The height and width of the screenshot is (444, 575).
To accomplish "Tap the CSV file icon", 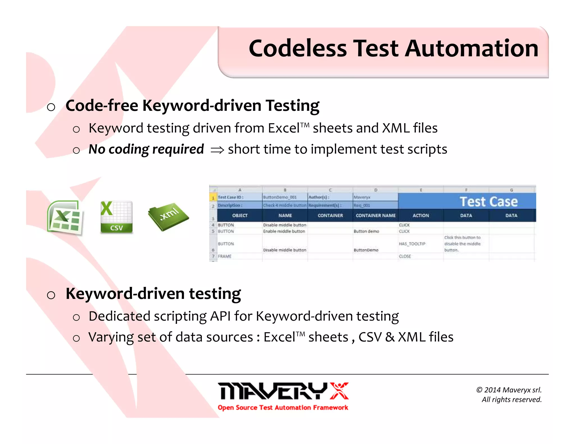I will click(116, 217).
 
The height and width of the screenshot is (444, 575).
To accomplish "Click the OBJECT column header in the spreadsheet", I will click(240, 216).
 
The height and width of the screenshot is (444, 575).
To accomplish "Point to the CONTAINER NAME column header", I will click(375, 216).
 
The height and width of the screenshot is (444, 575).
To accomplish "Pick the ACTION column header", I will click(421, 216).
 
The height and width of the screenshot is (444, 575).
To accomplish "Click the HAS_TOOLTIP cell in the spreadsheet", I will click(412, 244).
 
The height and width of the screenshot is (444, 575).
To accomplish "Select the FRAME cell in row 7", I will click(225, 256).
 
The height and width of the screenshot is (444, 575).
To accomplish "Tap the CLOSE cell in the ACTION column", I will click(405, 256).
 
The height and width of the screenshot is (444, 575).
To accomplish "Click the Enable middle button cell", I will click(284, 231).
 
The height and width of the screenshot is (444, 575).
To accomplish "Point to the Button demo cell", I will click(366, 231).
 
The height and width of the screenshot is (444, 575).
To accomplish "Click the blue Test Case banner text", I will click(489, 202).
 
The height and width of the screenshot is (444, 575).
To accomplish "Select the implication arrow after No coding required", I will click(217, 150).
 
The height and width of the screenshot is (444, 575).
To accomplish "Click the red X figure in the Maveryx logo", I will click(339, 391).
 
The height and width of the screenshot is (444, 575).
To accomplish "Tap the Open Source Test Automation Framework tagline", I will click(283, 408).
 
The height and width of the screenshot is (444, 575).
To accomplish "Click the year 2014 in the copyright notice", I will click(492, 390).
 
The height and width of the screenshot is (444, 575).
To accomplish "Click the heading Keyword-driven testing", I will click(153, 294).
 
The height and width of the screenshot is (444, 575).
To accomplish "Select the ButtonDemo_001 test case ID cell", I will click(280, 197).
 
